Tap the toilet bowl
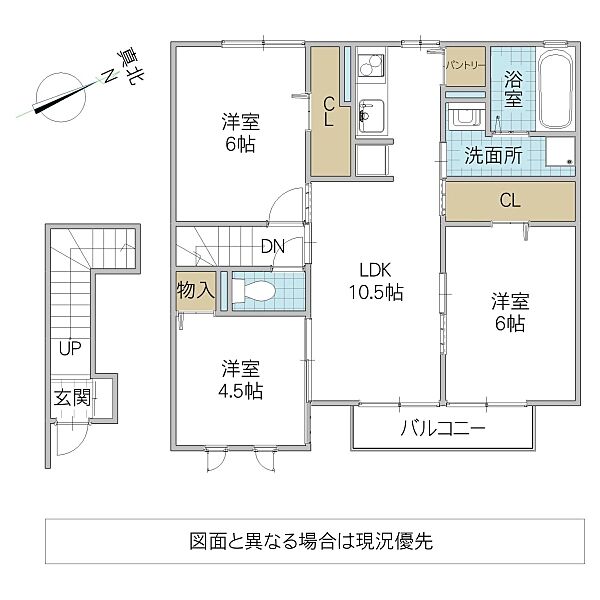click(256, 290)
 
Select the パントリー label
click(465, 65)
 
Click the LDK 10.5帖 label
click(374, 281)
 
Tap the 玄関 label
click(73, 397)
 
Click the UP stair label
click(69, 349)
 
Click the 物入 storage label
click(195, 291)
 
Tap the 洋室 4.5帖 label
click(241, 378)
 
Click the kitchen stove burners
click(367, 67)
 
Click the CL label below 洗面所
click(509, 201)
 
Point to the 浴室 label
click(512, 88)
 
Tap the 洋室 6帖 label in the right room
click(508, 311)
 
